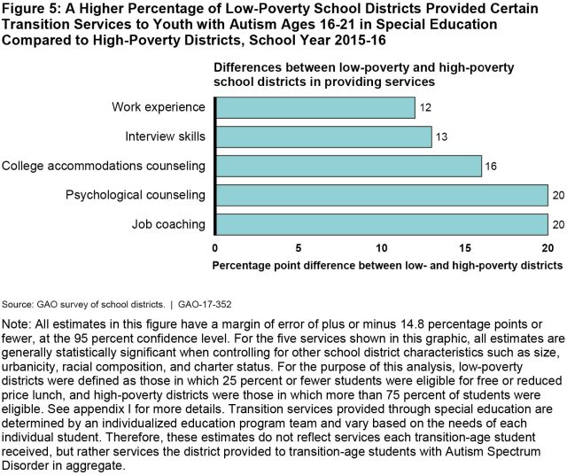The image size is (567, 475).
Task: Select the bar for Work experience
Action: [315, 108]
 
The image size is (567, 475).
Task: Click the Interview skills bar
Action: [323, 137]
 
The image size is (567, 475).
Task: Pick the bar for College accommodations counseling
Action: [348, 167]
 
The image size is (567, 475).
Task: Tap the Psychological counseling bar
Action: [381, 196]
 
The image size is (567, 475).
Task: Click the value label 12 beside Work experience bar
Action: [426, 108]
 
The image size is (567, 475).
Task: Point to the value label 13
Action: [443, 137]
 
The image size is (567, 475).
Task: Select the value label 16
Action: [493, 167]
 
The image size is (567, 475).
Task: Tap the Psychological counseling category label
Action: [136, 196]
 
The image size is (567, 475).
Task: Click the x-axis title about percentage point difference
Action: [388, 265]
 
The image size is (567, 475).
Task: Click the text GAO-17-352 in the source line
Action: [204, 304]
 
